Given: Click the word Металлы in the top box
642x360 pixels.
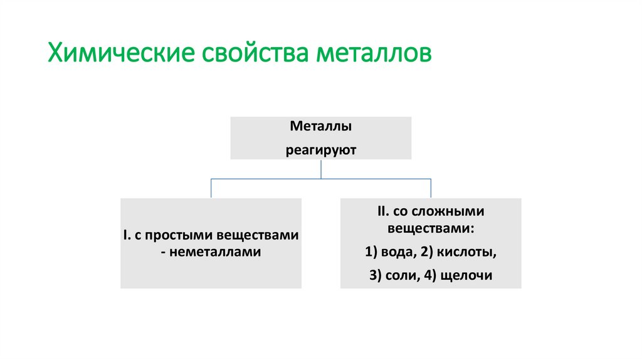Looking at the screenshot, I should [x=320, y=127].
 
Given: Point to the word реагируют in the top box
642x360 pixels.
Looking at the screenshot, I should [x=321, y=150].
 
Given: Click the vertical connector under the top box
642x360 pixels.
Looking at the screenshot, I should [x=321, y=169].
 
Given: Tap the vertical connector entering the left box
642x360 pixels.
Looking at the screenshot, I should [x=211, y=188].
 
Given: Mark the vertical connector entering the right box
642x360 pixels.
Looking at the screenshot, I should [x=431, y=188].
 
